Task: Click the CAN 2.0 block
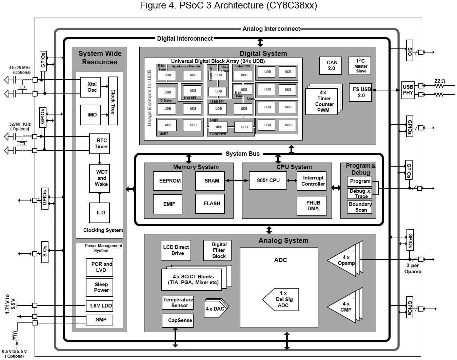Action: pos(330,66)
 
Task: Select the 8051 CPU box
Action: pos(268,180)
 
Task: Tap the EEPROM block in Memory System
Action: pos(167,181)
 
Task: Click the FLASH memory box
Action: pos(210,204)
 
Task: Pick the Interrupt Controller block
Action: pos(311,181)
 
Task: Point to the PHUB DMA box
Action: pos(311,206)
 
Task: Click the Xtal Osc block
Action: pos(91,87)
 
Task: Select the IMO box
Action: pos(91,115)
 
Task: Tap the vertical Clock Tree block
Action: pos(113,101)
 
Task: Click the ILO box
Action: pos(99,213)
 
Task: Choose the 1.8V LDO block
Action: pos(99,306)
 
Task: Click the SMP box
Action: pos(99,320)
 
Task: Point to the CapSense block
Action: pos(178,320)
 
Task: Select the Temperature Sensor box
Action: pos(178,303)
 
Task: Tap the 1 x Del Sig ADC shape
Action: pos(281,299)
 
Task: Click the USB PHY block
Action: pos(408,90)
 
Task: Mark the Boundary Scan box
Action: pos(359,207)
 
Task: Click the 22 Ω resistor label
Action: pos(440,81)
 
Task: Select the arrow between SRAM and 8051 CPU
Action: pos(237,181)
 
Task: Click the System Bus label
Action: pos(242,154)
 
